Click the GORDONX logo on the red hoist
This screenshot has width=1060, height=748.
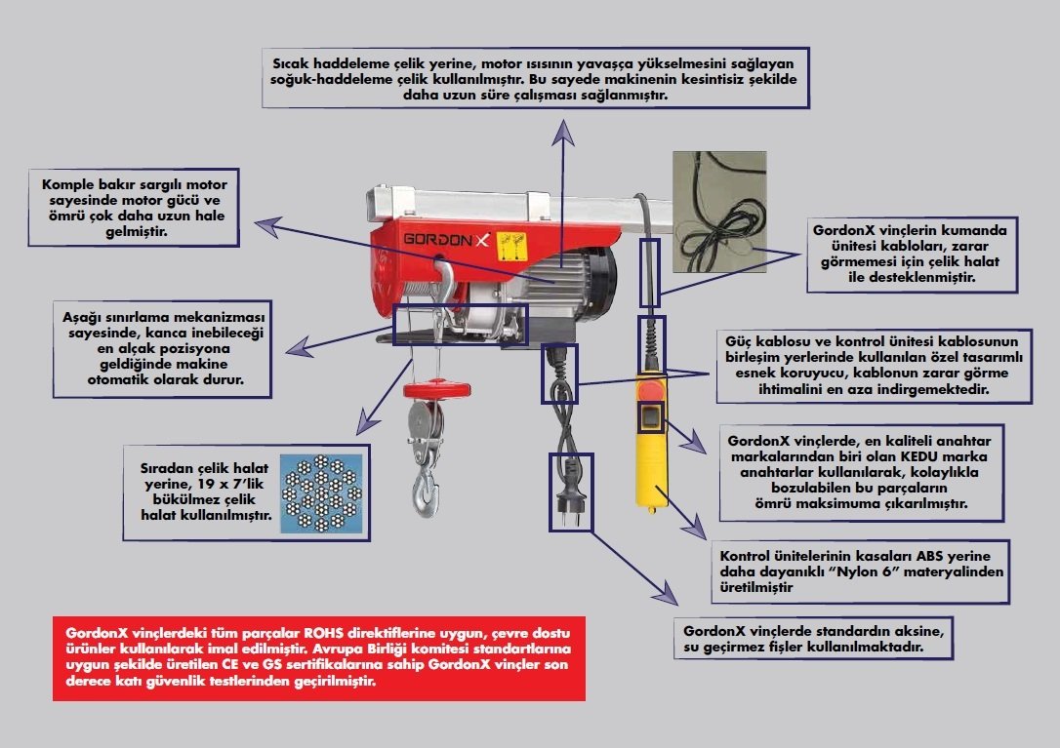447,239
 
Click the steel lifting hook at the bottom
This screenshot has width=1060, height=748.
428,492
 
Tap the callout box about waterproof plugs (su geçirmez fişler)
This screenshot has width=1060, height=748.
813,638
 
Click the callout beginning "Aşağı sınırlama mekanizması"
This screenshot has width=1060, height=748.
163,348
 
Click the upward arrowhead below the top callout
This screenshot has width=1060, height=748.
562,135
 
